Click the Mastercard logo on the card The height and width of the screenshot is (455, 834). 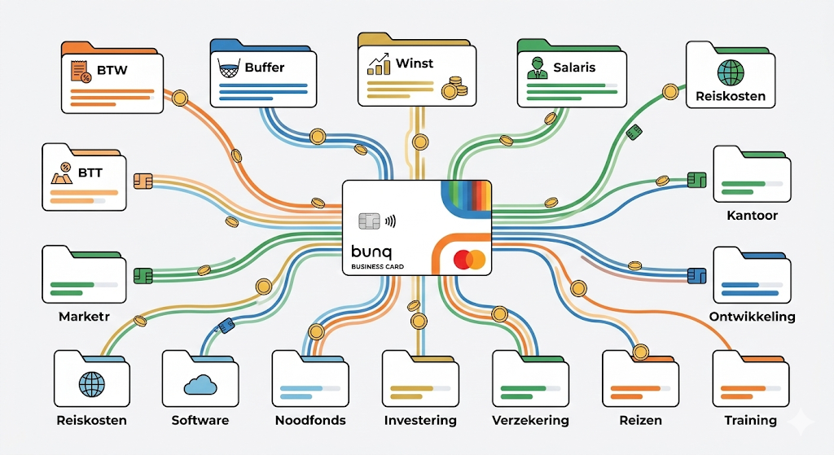point(469,260)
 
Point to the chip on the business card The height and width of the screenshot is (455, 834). point(368,221)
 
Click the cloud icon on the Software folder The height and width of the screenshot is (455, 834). point(200,383)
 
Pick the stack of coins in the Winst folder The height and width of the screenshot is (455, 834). point(450,87)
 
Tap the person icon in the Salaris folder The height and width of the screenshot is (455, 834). point(536,68)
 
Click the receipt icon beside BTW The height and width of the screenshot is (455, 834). point(81,72)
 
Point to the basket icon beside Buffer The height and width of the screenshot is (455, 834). point(229,68)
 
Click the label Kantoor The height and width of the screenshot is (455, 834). point(752,216)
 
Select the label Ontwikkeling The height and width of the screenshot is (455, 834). point(752,317)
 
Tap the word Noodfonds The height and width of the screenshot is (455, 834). point(310,421)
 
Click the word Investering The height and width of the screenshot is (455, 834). point(420,421)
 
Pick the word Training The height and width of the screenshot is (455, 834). point(750,421)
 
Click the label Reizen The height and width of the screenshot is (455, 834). point(640,421)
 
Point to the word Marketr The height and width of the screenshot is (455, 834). point(85,317)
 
